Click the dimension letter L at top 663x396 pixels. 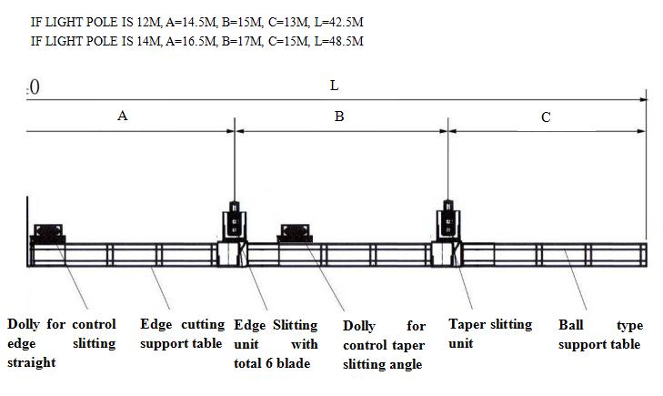click(334, 86)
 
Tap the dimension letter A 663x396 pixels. click(123, 116)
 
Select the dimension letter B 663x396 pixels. click(339, 117)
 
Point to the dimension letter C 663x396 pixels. click(546, 117)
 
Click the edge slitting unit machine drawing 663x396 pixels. click(236, 224)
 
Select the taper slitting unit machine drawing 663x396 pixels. click(447, 224)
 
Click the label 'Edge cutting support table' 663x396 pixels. click(182, 334)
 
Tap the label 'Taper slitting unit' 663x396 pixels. click(490, 334)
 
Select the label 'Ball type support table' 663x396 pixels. click(600, 334)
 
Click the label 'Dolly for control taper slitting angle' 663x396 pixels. click(384, 345)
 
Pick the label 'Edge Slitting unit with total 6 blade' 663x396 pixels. click(276, 344)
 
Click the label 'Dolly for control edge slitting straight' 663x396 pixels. click(62, 343)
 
